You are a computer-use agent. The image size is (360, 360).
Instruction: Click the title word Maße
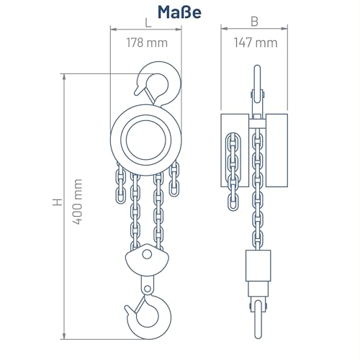click(x=179, y=12)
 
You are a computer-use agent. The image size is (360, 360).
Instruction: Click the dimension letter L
click(x=148, y=23)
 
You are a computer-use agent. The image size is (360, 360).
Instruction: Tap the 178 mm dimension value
click(x=147, y=42)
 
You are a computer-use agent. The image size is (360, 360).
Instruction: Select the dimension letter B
click(x=254, y=22)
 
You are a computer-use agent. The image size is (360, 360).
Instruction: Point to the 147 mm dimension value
click(x=256, y=42)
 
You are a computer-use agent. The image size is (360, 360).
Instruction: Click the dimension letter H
click(x=58, y=202)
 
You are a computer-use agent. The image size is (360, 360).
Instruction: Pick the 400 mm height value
click(x=78, y=202)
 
